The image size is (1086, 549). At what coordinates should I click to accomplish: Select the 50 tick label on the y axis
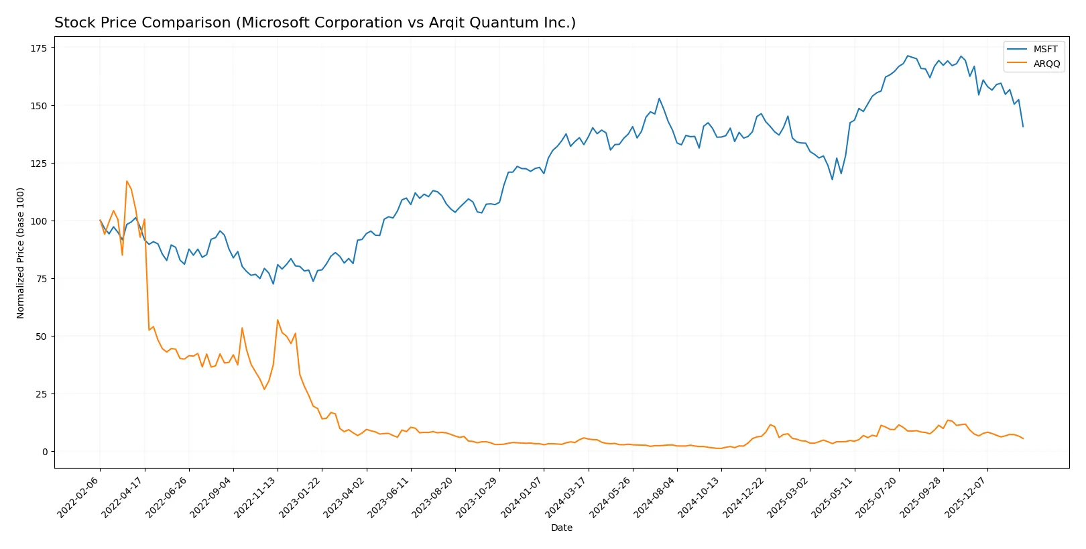(42, 337)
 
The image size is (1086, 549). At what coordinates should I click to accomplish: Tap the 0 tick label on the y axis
(45, 452)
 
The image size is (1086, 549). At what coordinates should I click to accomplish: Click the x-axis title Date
(561, 528)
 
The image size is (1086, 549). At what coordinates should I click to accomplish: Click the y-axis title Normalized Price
(21, 253)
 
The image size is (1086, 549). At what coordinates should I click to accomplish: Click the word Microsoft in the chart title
(273, 23)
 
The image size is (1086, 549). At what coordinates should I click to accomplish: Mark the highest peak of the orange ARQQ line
(127, 181)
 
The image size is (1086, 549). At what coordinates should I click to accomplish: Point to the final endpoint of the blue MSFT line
(1023, 127)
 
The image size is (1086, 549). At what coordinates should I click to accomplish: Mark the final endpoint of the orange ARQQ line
(1023, 438)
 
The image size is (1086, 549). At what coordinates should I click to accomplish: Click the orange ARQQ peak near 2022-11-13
(278, 320)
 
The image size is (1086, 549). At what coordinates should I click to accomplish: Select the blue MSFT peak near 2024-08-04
(659, 99)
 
